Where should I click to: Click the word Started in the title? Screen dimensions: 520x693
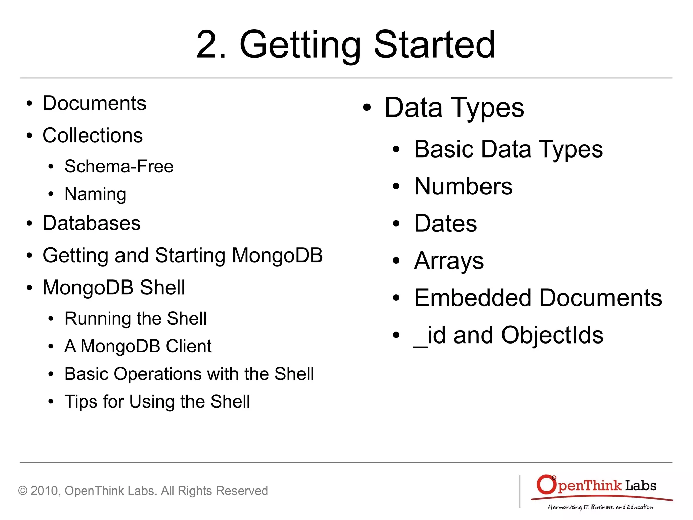[434, 45]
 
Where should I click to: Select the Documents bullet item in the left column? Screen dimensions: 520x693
[94, 103]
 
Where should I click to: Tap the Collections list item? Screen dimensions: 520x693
[93, 136]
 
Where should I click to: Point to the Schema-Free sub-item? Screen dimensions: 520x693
[119, 166]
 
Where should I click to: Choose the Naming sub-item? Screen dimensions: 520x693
[95, 194]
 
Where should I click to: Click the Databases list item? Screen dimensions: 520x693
[91, 223]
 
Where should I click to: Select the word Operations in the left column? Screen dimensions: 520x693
[158, 374]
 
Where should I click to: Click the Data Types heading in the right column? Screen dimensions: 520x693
[454, 108]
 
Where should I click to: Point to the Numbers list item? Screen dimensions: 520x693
[463, 186]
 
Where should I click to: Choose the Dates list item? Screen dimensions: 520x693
[445, 224]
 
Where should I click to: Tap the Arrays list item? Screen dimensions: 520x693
[449, 261]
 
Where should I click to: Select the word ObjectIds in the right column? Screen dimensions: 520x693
[552, 335]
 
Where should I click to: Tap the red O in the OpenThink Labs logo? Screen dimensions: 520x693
[546, 484]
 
